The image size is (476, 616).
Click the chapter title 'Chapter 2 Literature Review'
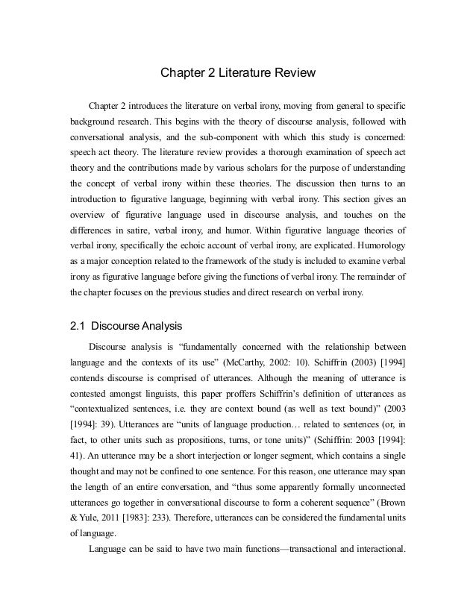(x=238, y=74)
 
